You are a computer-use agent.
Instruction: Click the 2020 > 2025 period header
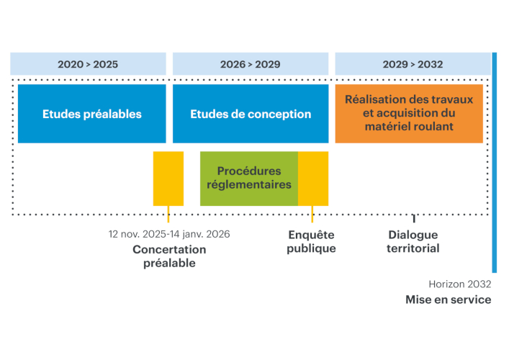88,64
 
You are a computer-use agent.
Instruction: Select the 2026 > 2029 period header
250,64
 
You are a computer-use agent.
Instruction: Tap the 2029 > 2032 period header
413,64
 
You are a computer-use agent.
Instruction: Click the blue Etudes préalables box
91,114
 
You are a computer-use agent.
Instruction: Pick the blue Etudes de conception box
251,114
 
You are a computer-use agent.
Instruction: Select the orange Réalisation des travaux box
409,113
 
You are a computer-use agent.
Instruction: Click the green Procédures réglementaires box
249,178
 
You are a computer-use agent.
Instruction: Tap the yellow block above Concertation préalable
168,178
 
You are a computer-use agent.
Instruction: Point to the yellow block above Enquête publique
313,178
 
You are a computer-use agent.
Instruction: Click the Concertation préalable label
169,256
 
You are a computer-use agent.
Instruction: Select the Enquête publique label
311,242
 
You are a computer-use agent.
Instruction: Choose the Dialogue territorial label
413,242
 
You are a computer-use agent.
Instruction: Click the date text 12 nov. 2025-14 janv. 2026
169,234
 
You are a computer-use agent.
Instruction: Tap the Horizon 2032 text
459,284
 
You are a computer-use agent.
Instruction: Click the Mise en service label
448,300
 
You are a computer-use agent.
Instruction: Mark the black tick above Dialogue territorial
414,218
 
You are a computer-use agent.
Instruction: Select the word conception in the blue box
281,114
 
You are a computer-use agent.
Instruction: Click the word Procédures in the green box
249,171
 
